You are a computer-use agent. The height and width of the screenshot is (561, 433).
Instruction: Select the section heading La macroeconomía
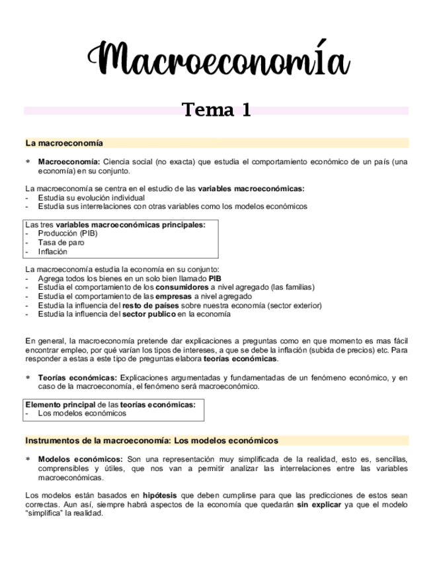coord(63,143)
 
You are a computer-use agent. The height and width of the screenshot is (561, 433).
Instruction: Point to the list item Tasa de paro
coord(61,243)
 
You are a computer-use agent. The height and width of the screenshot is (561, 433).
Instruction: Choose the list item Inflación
coord(53,251)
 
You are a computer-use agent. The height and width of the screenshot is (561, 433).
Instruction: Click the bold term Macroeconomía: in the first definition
coord(69,161)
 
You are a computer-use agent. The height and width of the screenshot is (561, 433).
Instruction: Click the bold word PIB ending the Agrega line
coord(214,279)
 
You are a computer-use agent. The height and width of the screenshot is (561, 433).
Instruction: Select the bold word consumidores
coord(181,287)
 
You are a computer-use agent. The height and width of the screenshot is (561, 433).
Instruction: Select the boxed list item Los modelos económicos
coord(81,413)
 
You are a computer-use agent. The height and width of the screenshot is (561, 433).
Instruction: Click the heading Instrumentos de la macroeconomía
coord(151,441)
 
